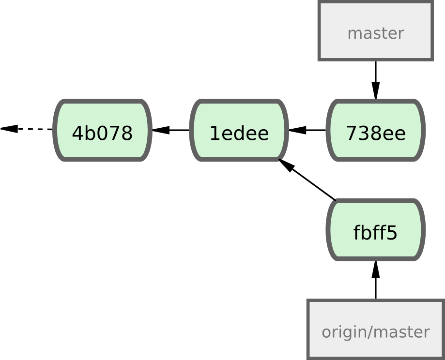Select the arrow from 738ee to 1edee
point(310,130)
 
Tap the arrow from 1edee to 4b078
point(172,130)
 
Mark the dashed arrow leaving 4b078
point(29,129)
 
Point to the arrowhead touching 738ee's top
point(376,90)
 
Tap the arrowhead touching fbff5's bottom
point(376,269)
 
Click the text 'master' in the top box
point(375,33)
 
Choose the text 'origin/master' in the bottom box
point(375,332)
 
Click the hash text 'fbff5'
point(375,233)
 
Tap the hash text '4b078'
point(102,133)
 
